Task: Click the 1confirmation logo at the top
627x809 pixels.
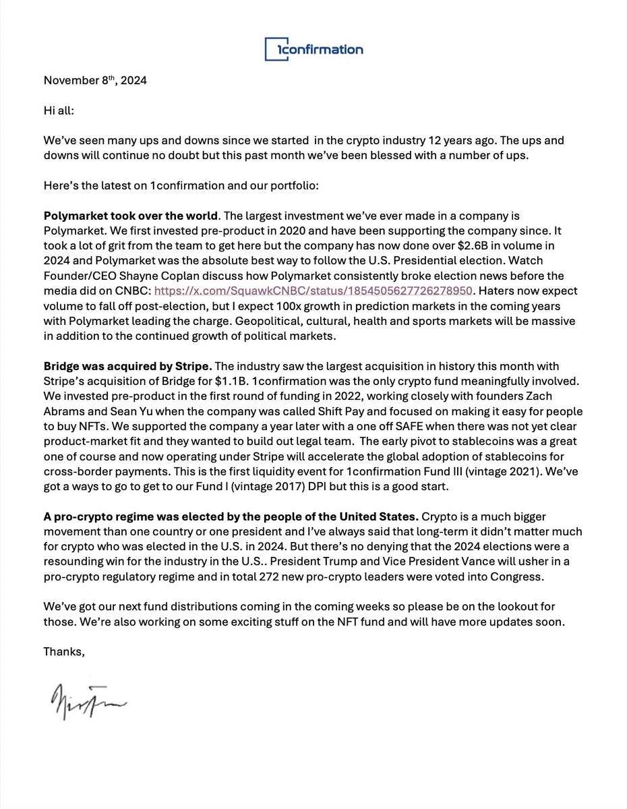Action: (313, 49)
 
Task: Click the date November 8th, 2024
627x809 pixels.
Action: (95, 80)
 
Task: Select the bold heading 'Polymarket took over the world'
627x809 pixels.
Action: (131, 216)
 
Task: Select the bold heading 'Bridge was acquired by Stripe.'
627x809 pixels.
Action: (128, 366)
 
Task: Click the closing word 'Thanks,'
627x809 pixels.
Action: (65, 651)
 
